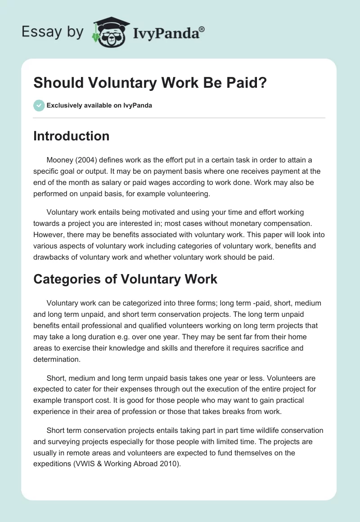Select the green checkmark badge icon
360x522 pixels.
[39, 105]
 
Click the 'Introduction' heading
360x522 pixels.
[71, 136]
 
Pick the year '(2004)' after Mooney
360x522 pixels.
[88, 160]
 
